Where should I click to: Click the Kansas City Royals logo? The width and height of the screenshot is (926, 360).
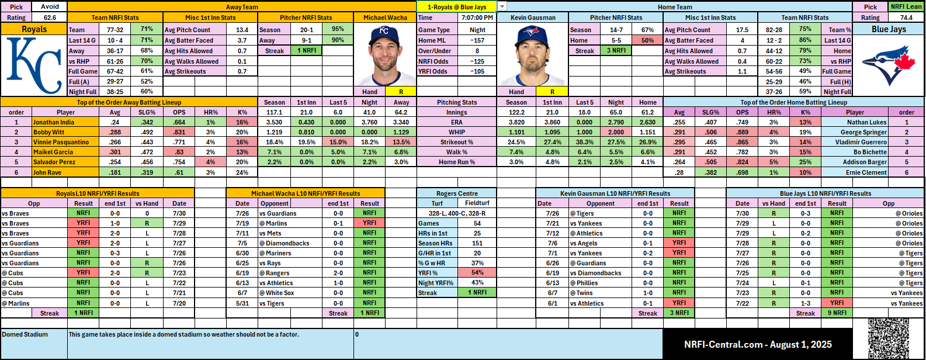click(34, 65)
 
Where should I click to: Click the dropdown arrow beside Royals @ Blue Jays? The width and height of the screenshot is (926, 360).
click(502, 7)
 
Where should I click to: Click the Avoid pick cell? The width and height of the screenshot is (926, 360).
click(50, 7)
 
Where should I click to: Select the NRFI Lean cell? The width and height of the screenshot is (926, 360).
click(906, 7)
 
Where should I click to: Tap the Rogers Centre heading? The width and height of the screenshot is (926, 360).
click(457, 193)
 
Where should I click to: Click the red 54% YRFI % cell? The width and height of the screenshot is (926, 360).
click(477, 273)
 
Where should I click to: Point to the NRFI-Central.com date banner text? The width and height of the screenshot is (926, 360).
click(758, 345)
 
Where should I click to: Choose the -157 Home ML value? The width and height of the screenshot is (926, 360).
click(477, 40)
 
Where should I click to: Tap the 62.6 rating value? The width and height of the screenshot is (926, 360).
click(50, 18)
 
